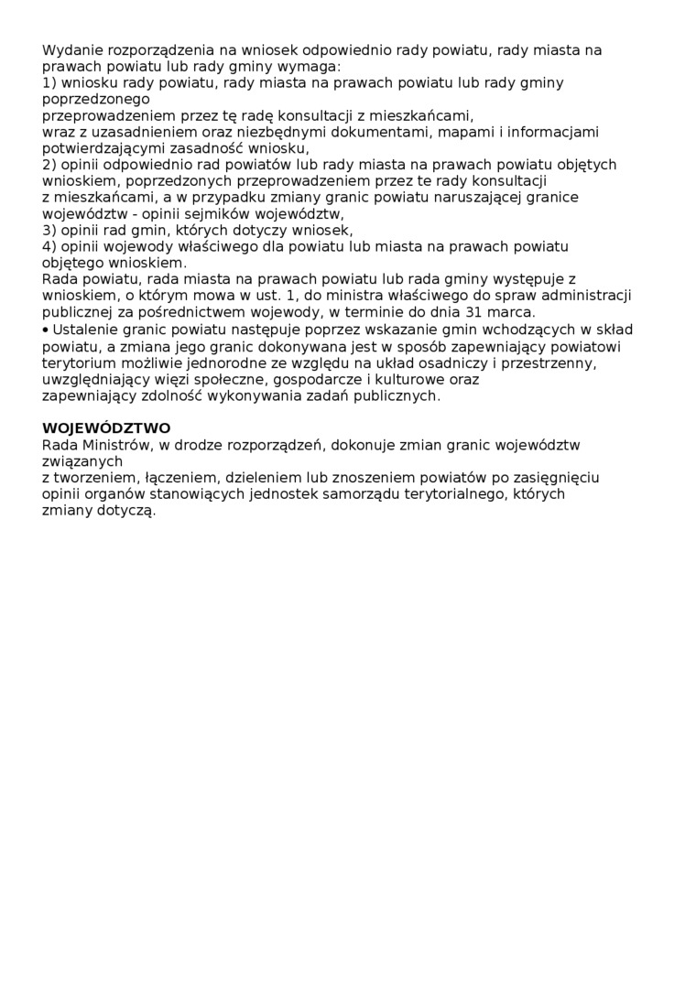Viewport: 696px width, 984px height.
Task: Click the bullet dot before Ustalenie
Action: tap(46, 330)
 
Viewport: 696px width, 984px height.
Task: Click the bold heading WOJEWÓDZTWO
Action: tap(106, 428)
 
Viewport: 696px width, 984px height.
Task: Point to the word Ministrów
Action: tap(119, 446)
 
